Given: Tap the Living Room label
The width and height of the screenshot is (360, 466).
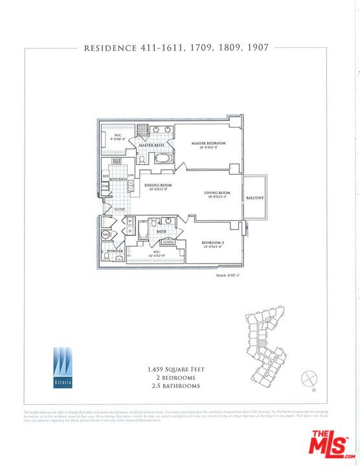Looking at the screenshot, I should tap(218, 193).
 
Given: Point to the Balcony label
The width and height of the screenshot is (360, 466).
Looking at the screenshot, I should tap(254, 198).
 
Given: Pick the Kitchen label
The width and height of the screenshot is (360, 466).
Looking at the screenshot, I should tap(118, 179).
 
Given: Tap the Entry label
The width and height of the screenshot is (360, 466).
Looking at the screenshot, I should tap(120, 209).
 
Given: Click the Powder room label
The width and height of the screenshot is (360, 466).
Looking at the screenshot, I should tap(115, 250).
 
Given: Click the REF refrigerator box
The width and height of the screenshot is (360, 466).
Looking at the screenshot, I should tap(106, 176).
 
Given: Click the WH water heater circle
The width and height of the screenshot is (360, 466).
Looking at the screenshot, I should tap(106, 235).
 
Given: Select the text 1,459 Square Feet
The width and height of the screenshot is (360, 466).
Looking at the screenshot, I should tap(176, 370).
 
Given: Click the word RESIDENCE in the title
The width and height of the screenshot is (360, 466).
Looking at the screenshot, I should tap(110, 47).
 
